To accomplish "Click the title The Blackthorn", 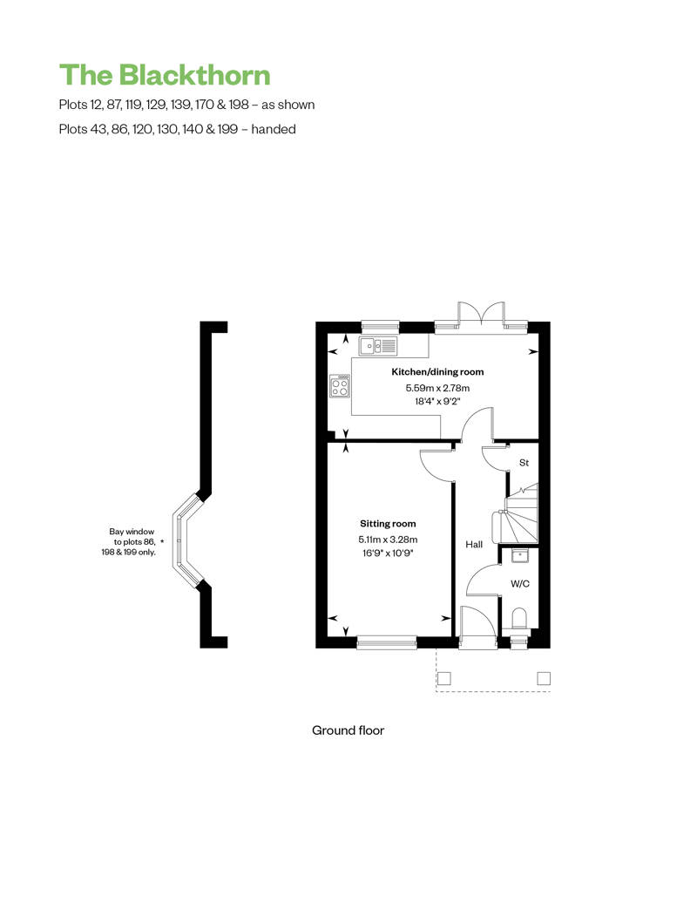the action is [x=165, y=75].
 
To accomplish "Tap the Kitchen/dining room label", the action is [x=437, y=372].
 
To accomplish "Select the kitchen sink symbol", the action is [x=378, y=345].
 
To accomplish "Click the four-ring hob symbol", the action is [x=340, y=386].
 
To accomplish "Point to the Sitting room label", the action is [x=388, y=524].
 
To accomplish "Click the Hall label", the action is [x=474, y=544].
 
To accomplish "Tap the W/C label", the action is [x=520, y=583].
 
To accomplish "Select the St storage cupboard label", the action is [x=524, y=463].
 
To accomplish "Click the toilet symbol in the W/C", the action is [x=520, y=620].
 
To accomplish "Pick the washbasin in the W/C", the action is [x=520, y=556].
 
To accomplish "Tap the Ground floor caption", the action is [x=348, y=730].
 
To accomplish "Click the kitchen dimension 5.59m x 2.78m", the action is [x=437, y=388].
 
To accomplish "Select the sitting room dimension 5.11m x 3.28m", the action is [x=388, y=540].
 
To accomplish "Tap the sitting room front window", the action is [x=386, y=642].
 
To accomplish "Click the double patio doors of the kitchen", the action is [x=481, y=315].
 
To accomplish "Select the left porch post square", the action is [x=443, y=678].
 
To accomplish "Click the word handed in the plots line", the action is [x=274, y=129].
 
